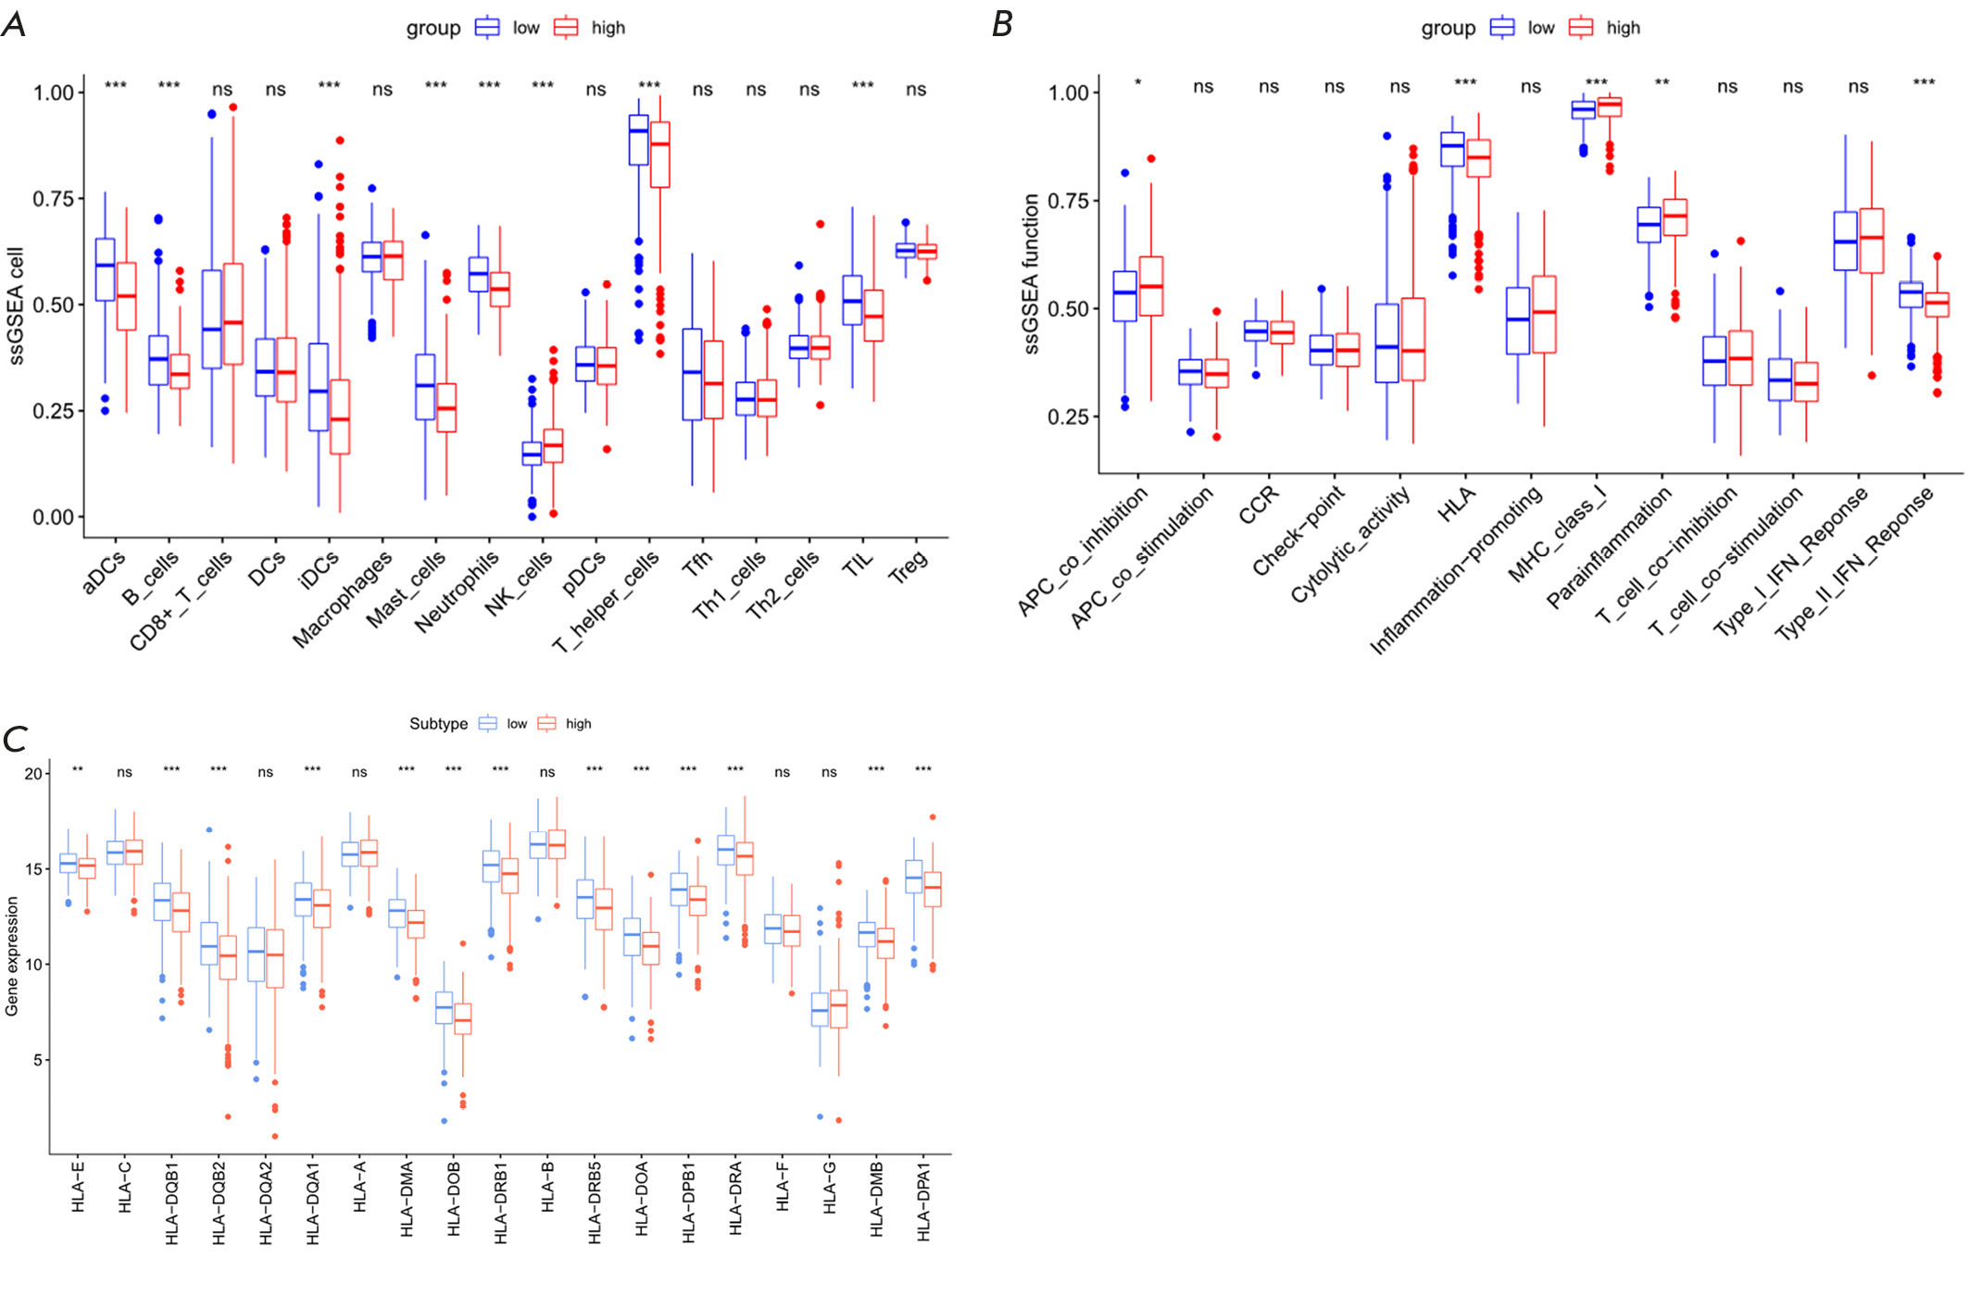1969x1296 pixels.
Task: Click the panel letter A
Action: click(x=14, y=24)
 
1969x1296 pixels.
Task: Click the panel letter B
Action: click(x=1002, y=24)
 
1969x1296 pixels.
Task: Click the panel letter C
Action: click(x=15, y=739)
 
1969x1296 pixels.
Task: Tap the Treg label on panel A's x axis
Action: click(x=908, y=567)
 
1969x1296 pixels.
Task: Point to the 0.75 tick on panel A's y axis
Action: click(x=53, y=199)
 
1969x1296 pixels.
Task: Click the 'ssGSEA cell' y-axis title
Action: click(x=16, y=305)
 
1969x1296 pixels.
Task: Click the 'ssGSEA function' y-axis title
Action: click(x=1031, y=274)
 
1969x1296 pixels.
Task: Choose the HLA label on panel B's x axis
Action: click(x=1456, y=505)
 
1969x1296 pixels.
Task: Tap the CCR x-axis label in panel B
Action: click(x=1259, y=505)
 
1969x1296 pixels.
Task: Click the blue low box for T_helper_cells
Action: click(x=638, y=140)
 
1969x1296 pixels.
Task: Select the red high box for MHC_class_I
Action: click(x=1610, y=106)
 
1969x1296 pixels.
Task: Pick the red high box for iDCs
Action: click(x=340, y=417)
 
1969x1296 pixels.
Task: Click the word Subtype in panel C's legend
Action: click(x=438, y=724)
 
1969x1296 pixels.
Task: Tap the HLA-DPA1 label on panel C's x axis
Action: click(x=923, y=1202)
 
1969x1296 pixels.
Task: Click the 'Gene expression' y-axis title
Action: click(x=12, y=955)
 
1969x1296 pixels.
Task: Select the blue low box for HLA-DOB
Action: click(x=444, y=1007)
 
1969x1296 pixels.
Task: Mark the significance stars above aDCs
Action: click(x=116, y=86)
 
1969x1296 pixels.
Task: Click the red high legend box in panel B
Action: click(x=1581, y=28)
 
